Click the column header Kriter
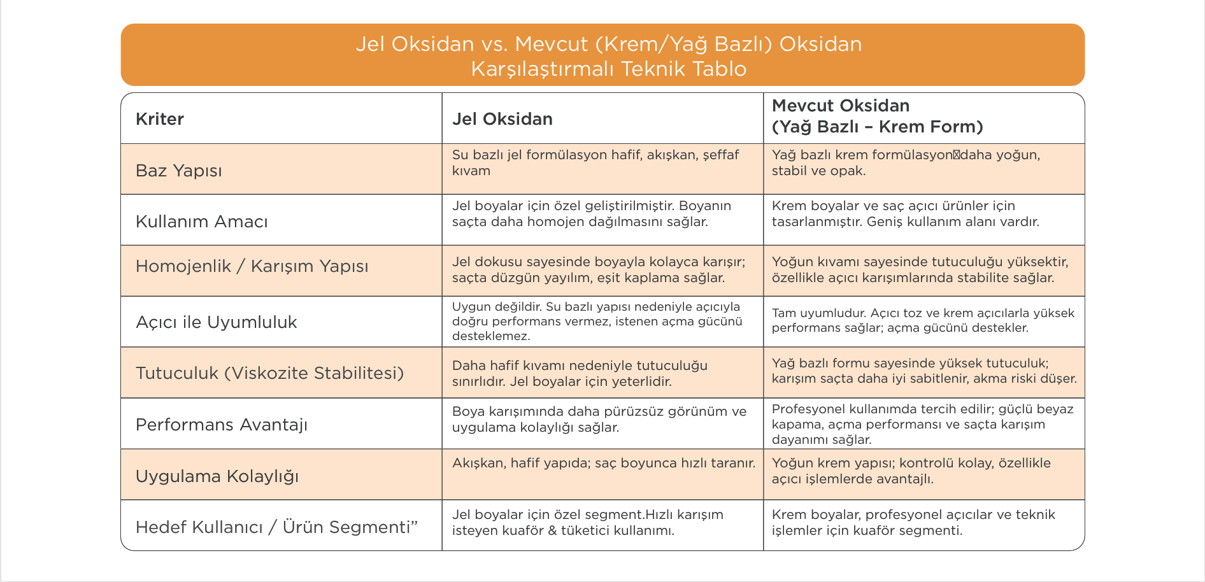pos(160,119)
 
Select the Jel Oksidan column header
pos(502,119)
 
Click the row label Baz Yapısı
pos(179,171)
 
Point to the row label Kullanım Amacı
pos(202,222)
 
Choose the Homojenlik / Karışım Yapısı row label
pos(252,266)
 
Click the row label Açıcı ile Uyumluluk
pos(217,322)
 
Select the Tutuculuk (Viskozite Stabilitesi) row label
pos(269,373)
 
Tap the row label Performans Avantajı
pos(222,425)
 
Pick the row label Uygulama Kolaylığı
pos(217,476)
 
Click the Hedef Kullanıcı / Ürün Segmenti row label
pos(277,527)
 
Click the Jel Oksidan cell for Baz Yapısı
pos(595,163)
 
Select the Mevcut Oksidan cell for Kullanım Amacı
pos(905,214)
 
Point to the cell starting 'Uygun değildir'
pos(597,322)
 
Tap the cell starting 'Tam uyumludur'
pos(923,320)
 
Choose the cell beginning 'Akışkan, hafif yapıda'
pos(603,463)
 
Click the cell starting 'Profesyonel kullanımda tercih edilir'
pos(922,424)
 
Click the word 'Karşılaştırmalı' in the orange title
pos(543,69)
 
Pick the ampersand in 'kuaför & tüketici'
pos(552,530)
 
